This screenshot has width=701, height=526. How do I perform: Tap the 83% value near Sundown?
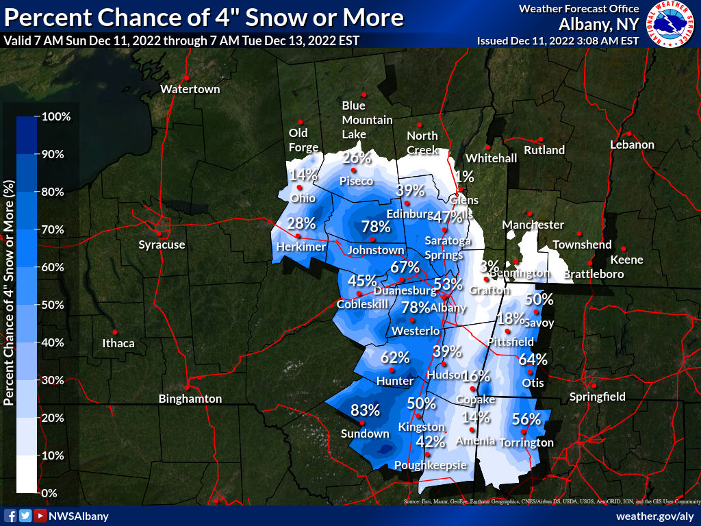click(x=365, y=410)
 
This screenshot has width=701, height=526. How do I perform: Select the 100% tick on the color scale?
click(x=56, y=116)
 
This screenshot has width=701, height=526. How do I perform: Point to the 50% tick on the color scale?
click(x=53, y=305)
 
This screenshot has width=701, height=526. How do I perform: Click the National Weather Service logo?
click(x=671, y=25)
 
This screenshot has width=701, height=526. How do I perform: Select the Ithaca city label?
click(x=118, y=343)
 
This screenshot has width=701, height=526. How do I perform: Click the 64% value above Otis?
click(x=533, y=360)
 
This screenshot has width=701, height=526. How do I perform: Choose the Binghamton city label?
click(x=190, y=399)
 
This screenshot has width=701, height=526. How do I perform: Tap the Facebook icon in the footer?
click(x=10, y=516)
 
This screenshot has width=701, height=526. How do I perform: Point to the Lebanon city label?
click(x=633, y=145)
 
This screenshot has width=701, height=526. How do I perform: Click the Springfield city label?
click(x=598, y=397)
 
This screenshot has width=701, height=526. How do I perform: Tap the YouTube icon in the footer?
click(x=40, y=516)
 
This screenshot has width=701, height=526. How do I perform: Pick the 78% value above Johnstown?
click(x=376, y=227)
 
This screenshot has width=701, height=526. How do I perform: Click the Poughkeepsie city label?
click(x=431, y=466)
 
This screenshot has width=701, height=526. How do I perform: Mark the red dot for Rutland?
click(x=541, y=139)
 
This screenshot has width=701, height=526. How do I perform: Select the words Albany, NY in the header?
click(x=599, y=25)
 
